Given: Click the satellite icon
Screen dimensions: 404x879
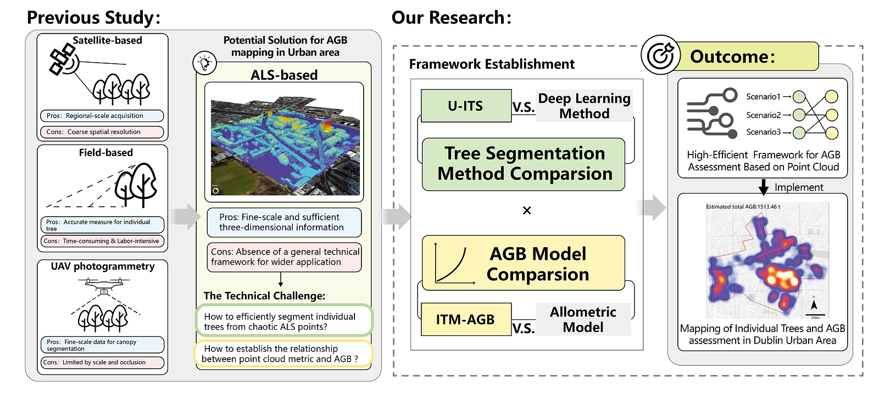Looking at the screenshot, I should point(62,60).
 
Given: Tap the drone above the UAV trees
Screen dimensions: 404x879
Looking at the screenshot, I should point(104,284).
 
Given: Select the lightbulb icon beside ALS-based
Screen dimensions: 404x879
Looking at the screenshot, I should point(205,63).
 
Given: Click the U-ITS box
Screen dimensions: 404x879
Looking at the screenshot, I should point(466,106).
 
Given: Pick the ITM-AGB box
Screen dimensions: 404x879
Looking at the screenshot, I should point(466,319).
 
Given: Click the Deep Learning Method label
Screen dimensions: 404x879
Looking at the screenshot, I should point(584,106).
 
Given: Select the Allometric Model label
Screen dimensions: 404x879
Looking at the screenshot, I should point(583,319).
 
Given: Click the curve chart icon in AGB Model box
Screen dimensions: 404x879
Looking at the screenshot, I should point(453,264).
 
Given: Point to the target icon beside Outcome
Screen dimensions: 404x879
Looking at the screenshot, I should point(660,56).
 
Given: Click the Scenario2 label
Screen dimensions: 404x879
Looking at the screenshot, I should point(763,115).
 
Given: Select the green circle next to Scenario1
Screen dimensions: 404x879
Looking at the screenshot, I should point(799,97).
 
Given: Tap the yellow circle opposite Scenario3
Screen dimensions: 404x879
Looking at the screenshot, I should point(832,132).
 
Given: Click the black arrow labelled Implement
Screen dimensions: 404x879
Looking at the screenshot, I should point(763,187).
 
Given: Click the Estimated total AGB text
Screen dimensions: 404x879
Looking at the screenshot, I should point(743,207).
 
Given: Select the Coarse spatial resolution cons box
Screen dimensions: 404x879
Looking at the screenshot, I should point(102,132).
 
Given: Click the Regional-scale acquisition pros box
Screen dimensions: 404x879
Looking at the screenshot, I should point(102,116).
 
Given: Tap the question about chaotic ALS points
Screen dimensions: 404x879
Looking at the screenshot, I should point(284,322).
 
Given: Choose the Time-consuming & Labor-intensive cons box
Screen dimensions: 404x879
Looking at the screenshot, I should point(102,241).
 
